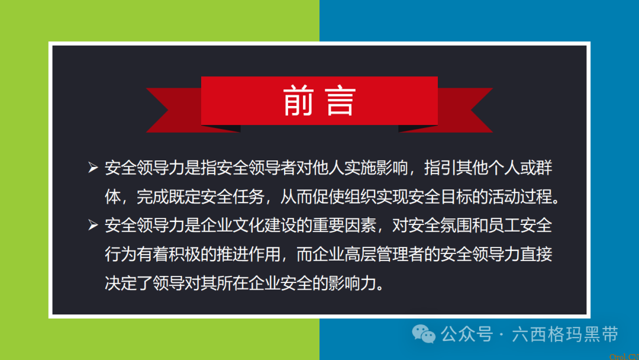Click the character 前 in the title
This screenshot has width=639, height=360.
click(x=297, y=101)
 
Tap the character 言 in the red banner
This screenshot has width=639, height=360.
click(x=340, y=101)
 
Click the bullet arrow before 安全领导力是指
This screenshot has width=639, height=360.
click(x=92, y=169)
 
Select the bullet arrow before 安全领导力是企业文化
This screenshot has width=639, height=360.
click(x=92, y=226)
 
